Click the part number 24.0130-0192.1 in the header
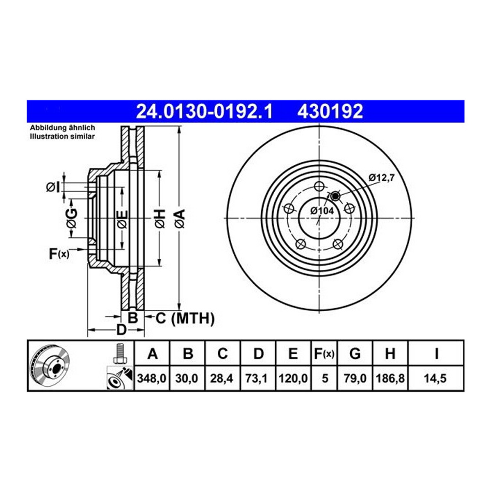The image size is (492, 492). [205, 112]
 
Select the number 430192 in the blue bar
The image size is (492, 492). [330, 112]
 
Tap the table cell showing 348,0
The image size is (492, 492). [152, 378]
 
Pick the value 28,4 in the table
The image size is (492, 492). [221, 378]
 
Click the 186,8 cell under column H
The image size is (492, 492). [390, 378]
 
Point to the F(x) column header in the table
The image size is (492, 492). [324, 354]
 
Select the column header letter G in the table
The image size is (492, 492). [355, 354]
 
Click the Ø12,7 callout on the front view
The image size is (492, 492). [381, 178]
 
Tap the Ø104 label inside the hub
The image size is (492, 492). [322, 211]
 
